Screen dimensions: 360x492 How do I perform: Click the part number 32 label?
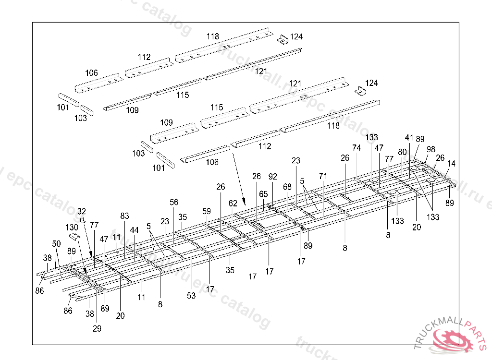click(x=82, y=211)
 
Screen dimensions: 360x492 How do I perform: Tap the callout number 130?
click(x=72, y=227)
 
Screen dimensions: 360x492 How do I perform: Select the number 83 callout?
click(x=125, y=216)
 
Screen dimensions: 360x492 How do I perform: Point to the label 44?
click(x=134, y=230)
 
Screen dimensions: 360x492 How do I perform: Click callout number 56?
click(x=173, y=202)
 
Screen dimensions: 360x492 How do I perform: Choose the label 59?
click(x=207, y=211)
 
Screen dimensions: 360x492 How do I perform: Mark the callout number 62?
click(x=233, y=203)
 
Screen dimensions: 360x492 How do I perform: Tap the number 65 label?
click(x=263, y=194)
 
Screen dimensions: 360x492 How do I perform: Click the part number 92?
click(x=273, y=176)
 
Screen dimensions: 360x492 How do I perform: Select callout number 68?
click(x=287, y=186)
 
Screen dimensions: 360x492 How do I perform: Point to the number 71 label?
click(x=323, y=176)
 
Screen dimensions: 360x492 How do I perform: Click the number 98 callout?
click(x=431, y=149)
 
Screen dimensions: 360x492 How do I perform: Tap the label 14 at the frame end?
click(x=451, y=164)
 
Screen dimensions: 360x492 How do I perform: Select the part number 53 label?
click(x=191, y=296)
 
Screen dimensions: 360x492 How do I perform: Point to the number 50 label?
click(x=57, y=244)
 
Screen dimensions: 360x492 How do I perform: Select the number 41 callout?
click(x=409, y=137)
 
